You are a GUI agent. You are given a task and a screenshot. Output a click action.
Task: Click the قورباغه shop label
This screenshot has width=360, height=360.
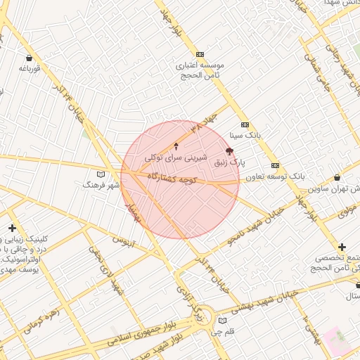28,68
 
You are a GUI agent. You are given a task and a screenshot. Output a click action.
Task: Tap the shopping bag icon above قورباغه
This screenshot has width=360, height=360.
28,58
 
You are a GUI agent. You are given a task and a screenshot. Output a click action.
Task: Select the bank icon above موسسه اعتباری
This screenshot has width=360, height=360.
200,54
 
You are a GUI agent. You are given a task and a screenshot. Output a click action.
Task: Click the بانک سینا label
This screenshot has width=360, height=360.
245,134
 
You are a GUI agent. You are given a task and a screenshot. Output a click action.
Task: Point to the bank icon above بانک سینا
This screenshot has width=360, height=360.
245,124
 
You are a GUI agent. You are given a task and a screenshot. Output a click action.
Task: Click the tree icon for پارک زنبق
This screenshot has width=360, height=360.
229,151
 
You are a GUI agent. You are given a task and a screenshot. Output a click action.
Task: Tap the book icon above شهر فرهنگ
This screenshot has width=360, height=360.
101,174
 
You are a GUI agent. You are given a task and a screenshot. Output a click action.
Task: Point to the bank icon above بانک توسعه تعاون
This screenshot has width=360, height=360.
275,166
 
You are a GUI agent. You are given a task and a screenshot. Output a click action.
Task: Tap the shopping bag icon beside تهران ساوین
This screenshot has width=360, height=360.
338,178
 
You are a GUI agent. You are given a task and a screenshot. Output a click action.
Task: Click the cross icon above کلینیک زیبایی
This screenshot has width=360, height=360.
12,229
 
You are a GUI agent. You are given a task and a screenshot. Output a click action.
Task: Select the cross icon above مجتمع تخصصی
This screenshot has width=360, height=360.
342,247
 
